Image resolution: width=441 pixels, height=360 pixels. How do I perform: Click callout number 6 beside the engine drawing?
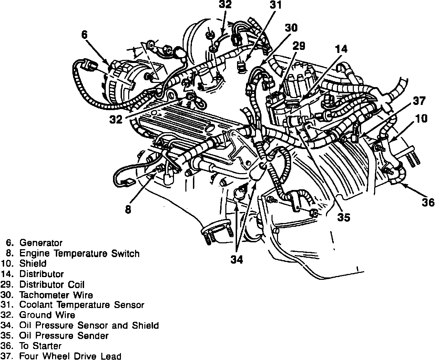tap(84, 34)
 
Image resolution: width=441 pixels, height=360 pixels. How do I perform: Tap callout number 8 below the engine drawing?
tap(128, 209)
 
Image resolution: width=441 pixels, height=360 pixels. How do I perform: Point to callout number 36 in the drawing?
tap(428, 202)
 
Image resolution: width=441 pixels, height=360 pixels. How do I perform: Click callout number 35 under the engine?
tap(343, 218)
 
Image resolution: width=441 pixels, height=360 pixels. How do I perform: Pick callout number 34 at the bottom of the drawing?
tap(237, 260)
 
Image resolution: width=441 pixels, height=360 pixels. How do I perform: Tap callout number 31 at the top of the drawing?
tap(275, 5)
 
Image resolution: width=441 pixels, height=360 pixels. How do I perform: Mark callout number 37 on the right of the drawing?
tap(419, 101)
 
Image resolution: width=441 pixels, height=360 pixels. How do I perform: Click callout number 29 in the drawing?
tap(299, 46)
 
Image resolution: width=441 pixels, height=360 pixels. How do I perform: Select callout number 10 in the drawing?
tap(421, 119)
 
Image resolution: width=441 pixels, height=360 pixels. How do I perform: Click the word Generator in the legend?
tap(41, 243)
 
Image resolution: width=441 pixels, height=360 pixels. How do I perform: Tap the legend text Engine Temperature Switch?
tap(79, 254)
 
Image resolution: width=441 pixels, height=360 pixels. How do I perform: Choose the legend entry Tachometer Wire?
tap(56, 295)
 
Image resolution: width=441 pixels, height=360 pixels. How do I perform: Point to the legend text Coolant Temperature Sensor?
tap(82, 305)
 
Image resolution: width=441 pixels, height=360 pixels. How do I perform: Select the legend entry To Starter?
tap(40, 346)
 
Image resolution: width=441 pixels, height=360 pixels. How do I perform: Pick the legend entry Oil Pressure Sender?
tap(64, 336)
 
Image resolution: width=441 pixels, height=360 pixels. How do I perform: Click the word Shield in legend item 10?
tap(33, 264)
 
